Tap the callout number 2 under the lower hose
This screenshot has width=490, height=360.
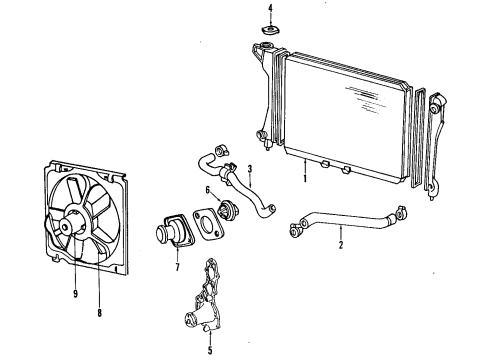pyautogui.click(x=340, y=245)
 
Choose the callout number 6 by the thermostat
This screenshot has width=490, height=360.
pyautogui.click(x=207, y=190)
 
